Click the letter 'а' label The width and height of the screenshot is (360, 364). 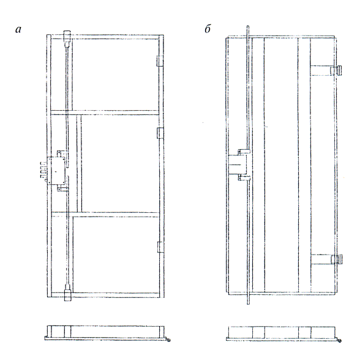tap(18, 29)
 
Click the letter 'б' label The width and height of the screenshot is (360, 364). tap(208, 29)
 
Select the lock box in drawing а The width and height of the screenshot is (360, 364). tap(56, 171)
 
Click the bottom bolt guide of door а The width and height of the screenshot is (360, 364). tap(67, 295)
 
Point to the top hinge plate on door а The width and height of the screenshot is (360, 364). tap(160, 61)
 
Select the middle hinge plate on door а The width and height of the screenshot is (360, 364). tap(160, 133)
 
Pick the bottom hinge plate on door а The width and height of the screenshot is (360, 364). tap(160, 247)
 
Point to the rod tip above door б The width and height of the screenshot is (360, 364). tap(248, 31)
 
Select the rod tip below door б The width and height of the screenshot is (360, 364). tap(248, 300)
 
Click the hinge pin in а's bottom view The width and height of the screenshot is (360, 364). tap(168, 340)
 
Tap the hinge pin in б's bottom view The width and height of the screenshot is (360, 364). tap(339, 341)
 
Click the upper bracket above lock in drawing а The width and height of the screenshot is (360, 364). tap(61, 154)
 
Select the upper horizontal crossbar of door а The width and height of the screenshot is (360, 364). tap(105, 113)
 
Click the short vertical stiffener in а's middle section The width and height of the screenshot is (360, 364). tap(79, 163)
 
